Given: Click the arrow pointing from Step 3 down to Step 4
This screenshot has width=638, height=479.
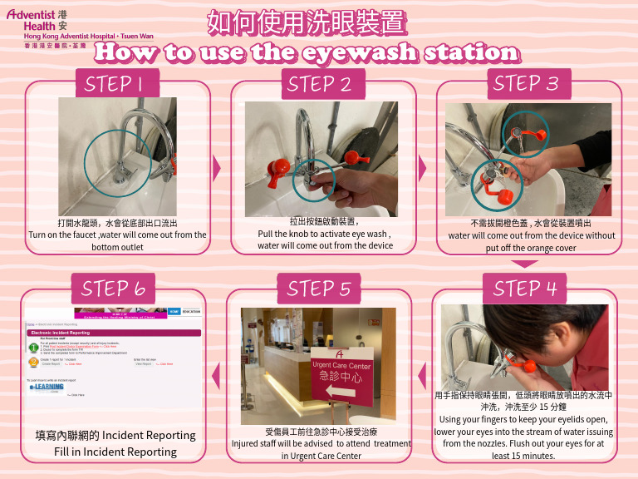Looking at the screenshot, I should click(x=525, y=264).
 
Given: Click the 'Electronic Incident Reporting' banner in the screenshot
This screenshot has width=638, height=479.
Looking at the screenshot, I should click(x=115, y=332).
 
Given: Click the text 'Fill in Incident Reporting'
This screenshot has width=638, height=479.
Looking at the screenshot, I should click(x=115, y=452).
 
